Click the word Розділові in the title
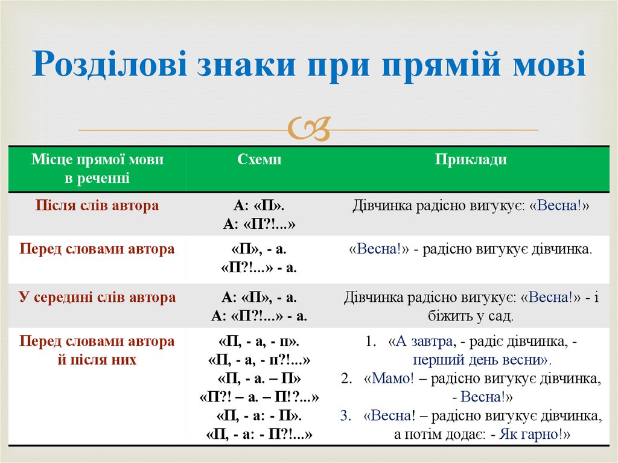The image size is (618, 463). click(x=110, y=65)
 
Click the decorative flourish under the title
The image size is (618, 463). click(x=309, y=129)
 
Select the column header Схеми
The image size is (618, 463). click(x=259, y=159)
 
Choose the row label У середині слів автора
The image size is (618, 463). click(x=97, y=297)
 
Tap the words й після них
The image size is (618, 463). click(x=97, y=360)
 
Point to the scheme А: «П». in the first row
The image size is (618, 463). click(x=259, y=206)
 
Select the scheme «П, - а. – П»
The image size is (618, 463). click(x=259, y=379)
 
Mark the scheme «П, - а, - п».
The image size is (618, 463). click(x=259, y=342)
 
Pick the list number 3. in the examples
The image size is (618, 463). click(x=345, y=416)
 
